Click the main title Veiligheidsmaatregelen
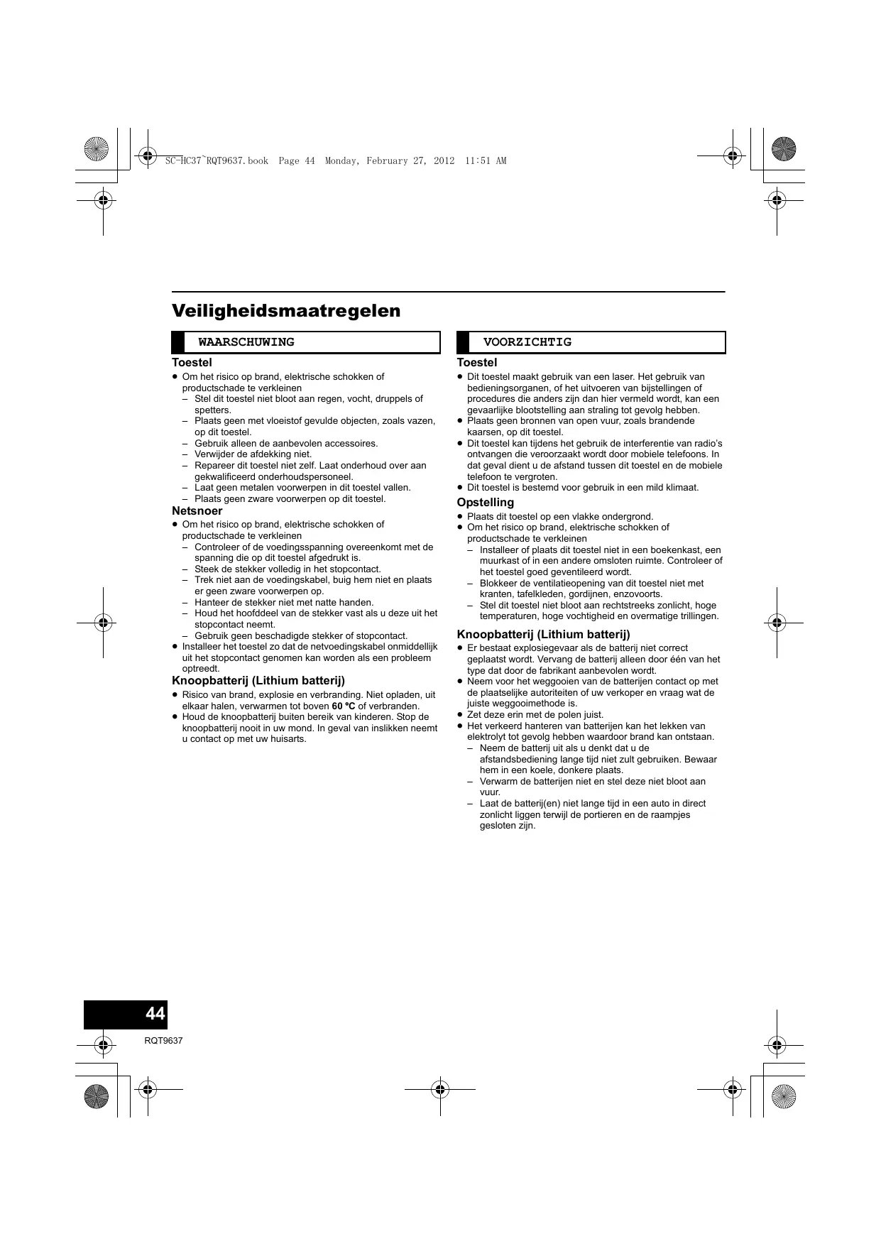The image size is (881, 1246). (286, 311)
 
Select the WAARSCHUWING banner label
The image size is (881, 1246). (246, 342)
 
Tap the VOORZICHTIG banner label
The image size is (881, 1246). (527, 342)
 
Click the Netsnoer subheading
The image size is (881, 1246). (197, 511)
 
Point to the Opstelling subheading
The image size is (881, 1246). (485, 503)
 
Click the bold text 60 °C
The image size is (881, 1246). (344, 706)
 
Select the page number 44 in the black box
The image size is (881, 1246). (155, 1013)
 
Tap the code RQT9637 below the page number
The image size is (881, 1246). (163, 1041)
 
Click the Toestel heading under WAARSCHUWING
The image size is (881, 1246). (192, 363)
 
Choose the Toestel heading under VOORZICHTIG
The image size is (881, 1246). (476, 363)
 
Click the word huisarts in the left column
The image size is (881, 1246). (288, 739)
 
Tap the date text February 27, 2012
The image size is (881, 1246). (410, 161)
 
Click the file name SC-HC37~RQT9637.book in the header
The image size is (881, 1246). (217, 161)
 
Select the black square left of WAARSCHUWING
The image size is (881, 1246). (178, 342)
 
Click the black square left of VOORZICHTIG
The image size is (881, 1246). (463, 342)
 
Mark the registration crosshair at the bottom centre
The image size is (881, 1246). (439, 1088)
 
